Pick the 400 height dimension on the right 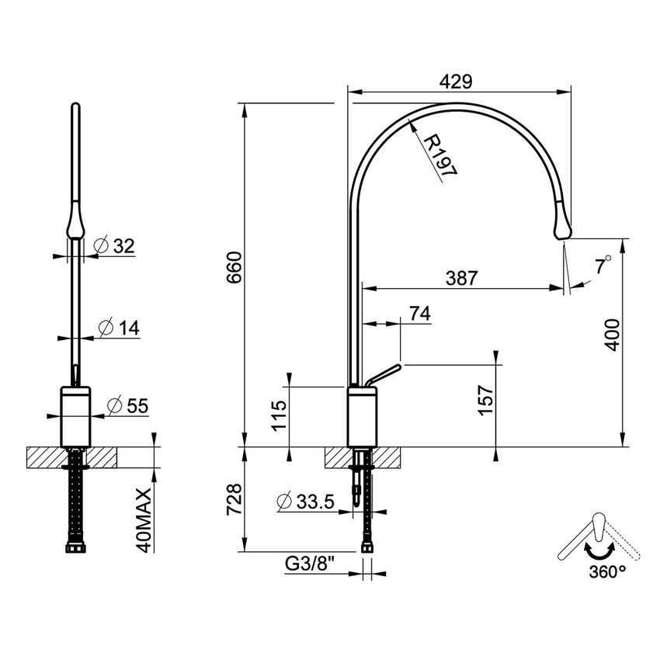613,334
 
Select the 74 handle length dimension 419,313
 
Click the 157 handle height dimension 486,401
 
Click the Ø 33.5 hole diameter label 305,502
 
